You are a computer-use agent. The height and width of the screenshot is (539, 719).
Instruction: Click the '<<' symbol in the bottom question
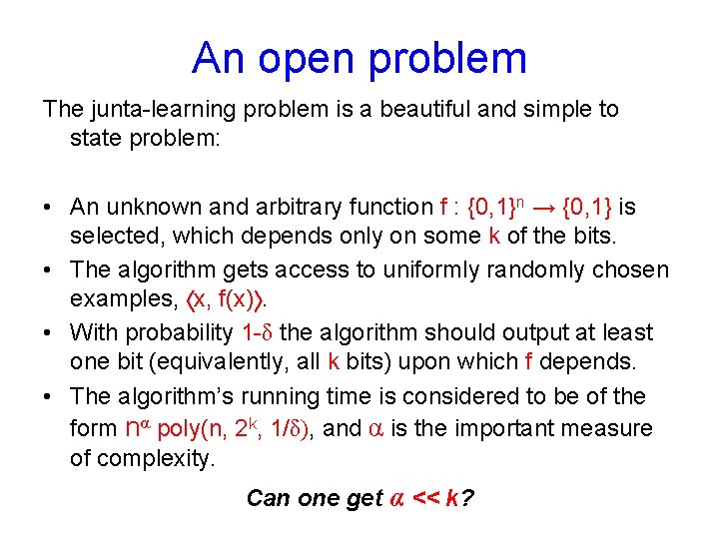pyautogui.click(x=425, y=497)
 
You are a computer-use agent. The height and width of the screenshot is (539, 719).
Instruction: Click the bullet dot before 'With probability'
pyautogui.click(x=48, y=333)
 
